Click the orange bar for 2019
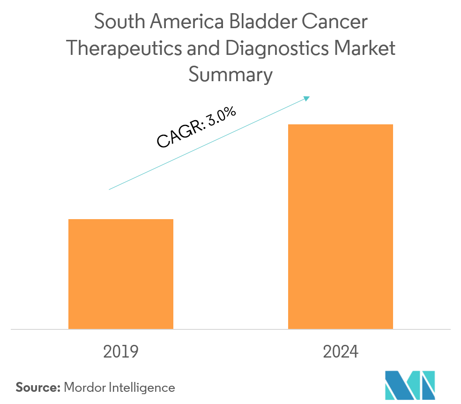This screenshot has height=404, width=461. click(121, 274)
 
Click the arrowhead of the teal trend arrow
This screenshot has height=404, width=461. click(307, 98)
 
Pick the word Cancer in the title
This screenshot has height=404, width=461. click(337, 23)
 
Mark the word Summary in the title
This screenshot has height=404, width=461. click(230, 75)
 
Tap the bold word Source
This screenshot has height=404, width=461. click(38, 388)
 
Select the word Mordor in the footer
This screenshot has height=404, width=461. click(85, 388)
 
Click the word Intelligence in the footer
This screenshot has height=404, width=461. click(142, 388)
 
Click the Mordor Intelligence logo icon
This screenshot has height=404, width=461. click(410, 385)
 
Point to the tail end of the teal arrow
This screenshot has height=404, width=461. click(109, 190)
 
